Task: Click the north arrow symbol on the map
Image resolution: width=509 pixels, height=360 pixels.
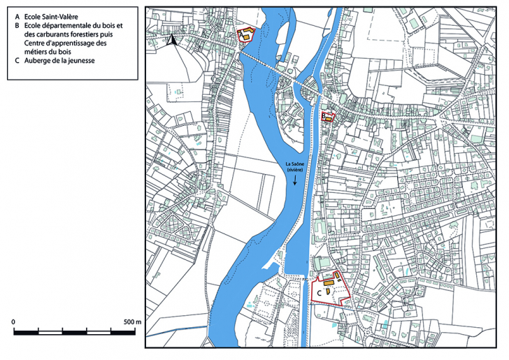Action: click(x=170, y=40)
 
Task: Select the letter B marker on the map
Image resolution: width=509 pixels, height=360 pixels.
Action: click(x=324, y=117)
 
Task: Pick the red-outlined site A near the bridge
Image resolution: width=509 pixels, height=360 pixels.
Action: click(x=246, y=36)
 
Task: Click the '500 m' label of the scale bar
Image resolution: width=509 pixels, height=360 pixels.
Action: click(x=133, y=322)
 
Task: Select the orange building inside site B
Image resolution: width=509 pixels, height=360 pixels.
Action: click(x=327, y=120)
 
